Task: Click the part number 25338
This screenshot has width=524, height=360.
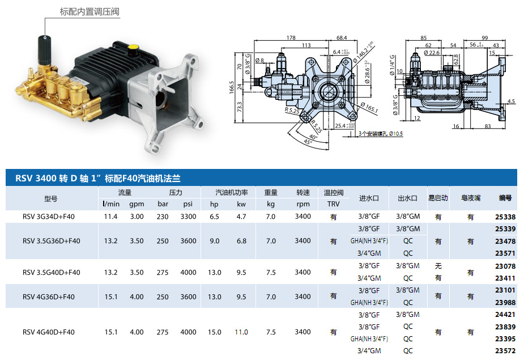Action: coord(505,217)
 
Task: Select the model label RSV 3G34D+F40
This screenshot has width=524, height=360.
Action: coord(49,217)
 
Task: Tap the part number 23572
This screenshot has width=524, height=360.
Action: coord(505,351)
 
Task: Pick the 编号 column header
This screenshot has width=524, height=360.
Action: coord(505,198)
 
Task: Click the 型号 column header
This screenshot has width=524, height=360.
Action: coord(51,199)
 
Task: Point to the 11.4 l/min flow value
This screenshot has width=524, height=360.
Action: coord(110,217)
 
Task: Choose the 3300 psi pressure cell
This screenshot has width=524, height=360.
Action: coord(188,217)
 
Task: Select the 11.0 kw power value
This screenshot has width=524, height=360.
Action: coord(241,332)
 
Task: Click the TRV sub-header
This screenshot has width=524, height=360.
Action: coord(334,204)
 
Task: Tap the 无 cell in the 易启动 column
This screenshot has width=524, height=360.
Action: coord(437,266)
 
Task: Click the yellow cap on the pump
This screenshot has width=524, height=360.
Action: coord(134,47)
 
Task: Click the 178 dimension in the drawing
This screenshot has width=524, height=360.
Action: coord(291,38)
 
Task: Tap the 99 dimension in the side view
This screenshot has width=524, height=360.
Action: coord(484,38)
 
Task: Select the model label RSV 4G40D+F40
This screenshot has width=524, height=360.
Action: coord(49,332)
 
